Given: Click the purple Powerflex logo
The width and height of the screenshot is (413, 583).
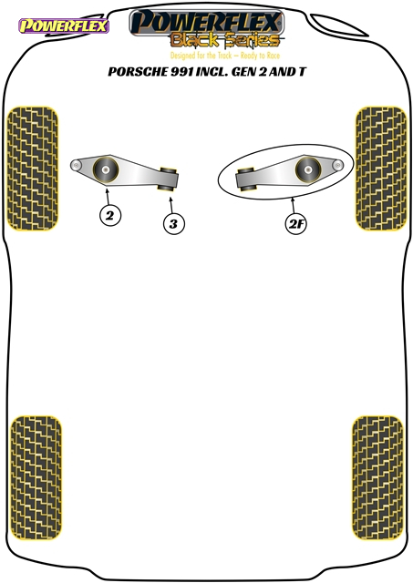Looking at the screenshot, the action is coord(64,26).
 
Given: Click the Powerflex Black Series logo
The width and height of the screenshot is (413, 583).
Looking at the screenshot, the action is coord(207,29).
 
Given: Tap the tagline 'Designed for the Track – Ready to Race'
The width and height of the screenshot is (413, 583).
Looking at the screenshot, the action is coord(224,56).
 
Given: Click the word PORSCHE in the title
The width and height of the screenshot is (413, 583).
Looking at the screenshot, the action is coord(138,71).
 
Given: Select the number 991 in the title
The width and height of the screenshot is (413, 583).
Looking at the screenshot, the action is coord(182,71).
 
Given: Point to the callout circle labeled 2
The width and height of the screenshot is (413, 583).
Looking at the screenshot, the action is coord(110,215).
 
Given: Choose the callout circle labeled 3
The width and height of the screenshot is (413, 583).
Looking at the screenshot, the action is coord(174,224).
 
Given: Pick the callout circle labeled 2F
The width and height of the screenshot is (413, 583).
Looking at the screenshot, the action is coord(296,224).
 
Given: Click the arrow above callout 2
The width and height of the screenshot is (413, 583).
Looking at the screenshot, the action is coord(108,197).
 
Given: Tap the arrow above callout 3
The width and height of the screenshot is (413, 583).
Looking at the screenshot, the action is coord(171,205).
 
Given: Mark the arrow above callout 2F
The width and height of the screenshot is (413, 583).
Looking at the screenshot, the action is coord(294,205).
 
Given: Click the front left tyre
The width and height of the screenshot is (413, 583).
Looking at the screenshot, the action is coord(33,169).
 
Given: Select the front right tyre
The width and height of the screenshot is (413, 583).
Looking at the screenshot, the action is coord(381,169).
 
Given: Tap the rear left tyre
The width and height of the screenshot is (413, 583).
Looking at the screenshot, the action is coord(36,477).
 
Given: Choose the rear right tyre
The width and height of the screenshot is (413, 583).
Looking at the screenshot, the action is coord(377,477).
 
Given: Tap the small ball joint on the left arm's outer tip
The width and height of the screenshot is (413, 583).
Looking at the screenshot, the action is coord(76,165).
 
